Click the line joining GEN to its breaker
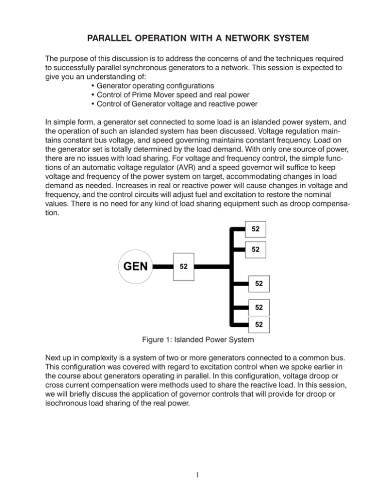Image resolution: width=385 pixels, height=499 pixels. tap(161, 266)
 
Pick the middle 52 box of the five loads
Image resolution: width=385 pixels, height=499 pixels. tap(259, 284)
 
